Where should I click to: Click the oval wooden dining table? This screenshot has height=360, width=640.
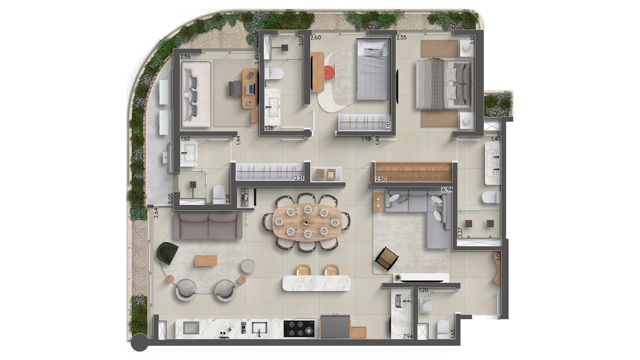(307, 222)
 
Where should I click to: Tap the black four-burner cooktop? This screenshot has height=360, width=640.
(299, 328)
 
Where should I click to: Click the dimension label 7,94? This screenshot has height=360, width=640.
(408, 336)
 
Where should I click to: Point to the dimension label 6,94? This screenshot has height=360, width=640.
(447, 189)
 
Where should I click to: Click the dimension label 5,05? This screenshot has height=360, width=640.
(170, 198)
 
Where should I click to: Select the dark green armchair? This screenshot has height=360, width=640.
(167, 253)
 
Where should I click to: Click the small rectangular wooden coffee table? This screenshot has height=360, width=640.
(206, 260)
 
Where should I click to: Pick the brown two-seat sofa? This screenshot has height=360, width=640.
(208, 226)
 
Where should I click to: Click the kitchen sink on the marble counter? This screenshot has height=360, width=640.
(259, 328)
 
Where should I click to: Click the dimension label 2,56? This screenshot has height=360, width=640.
(185, 56)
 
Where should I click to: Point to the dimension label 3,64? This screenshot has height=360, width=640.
(156, 213)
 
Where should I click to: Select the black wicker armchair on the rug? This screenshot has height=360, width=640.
(387, 259)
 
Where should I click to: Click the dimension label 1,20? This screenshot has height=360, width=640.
(423, 290)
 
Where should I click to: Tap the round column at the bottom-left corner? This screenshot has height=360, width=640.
(139, 343)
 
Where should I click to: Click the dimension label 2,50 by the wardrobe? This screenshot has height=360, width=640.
(380, 179)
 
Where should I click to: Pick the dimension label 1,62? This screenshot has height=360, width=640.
(185, 139)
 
